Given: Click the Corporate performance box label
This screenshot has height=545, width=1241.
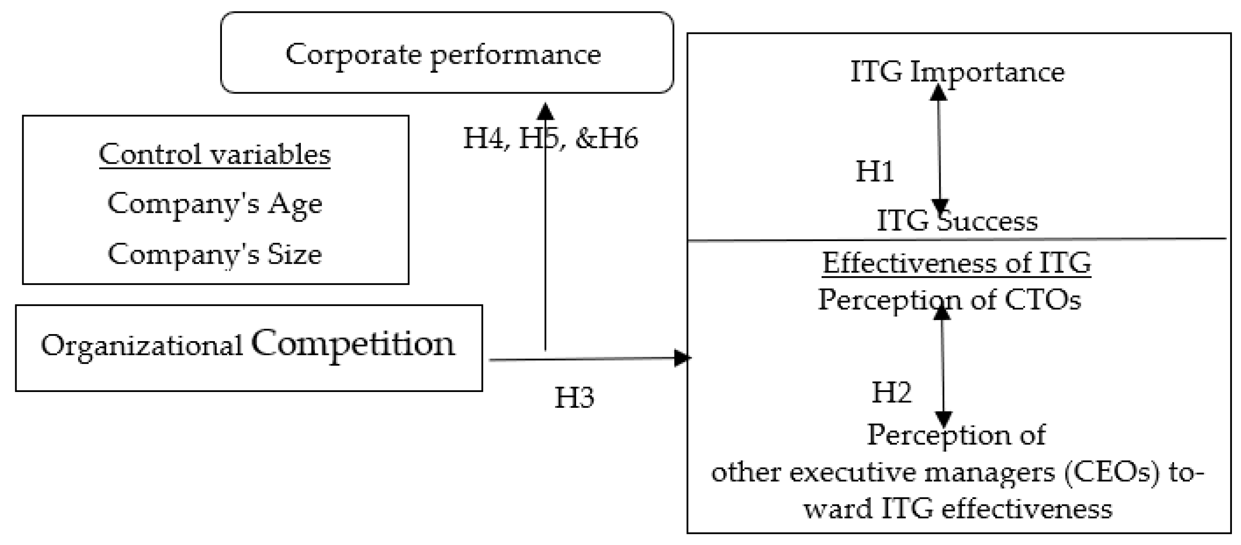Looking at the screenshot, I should [x=443, y=54].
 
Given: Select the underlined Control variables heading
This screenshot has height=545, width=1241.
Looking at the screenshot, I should [x=215, y=154].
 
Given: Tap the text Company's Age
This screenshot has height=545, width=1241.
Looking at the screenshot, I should [x=215, y=203].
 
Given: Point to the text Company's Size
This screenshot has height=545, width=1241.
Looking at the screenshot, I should [x=215, y=254].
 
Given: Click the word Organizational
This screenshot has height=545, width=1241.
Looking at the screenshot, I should [x=142, y=346].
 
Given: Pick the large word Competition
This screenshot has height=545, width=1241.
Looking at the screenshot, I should [x=353, y=344].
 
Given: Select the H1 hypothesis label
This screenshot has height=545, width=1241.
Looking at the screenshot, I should [x=874, y=171].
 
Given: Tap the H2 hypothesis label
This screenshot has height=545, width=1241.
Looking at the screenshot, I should [x=891, y=392].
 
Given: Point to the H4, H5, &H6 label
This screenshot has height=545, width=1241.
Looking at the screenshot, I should [x=550, y=138].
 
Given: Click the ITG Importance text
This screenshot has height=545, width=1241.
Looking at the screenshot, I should [x=957, y=72].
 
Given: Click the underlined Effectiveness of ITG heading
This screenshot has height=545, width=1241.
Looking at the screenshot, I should [x=956, y=263].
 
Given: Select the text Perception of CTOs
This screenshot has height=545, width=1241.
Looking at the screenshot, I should [x=950, y=300].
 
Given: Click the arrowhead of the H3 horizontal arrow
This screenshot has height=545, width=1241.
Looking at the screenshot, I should [x=682, y=358].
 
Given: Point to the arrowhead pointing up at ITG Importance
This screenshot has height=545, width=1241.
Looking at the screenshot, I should [x=938, y=92].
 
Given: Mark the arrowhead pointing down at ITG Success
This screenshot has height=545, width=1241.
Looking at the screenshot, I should [x=940, y=206].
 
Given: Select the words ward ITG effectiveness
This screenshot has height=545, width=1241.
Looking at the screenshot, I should [x=958, y=509].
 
